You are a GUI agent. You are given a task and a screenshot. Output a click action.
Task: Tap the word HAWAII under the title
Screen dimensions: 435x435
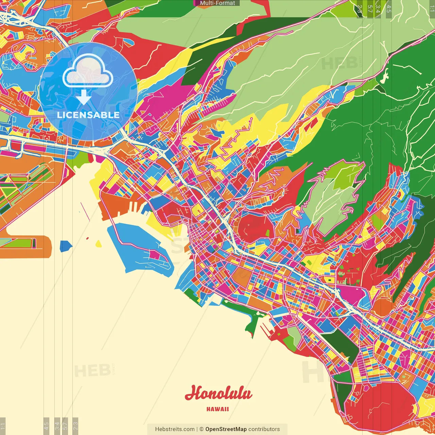217,409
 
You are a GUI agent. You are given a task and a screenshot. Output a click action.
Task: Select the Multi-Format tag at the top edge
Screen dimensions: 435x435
217,3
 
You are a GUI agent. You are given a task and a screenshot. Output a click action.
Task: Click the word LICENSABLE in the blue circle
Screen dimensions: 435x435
88,115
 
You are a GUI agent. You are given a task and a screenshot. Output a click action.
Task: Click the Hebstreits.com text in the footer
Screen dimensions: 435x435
175,429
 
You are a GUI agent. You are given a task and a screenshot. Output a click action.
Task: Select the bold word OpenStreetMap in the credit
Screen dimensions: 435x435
226,429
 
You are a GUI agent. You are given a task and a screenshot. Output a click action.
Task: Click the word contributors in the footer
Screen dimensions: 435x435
264,429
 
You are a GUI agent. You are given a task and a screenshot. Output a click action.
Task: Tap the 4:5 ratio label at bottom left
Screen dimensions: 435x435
46,426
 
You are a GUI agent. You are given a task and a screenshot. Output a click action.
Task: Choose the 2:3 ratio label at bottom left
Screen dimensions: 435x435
75,426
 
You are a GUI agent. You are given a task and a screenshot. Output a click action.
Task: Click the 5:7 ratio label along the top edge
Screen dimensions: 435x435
370,9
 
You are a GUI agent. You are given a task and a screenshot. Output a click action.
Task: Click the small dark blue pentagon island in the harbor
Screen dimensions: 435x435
66,246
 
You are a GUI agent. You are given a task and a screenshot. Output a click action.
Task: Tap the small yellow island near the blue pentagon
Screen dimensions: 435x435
99,244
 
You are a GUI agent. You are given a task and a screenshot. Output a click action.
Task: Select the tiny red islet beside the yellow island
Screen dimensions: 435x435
87,239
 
